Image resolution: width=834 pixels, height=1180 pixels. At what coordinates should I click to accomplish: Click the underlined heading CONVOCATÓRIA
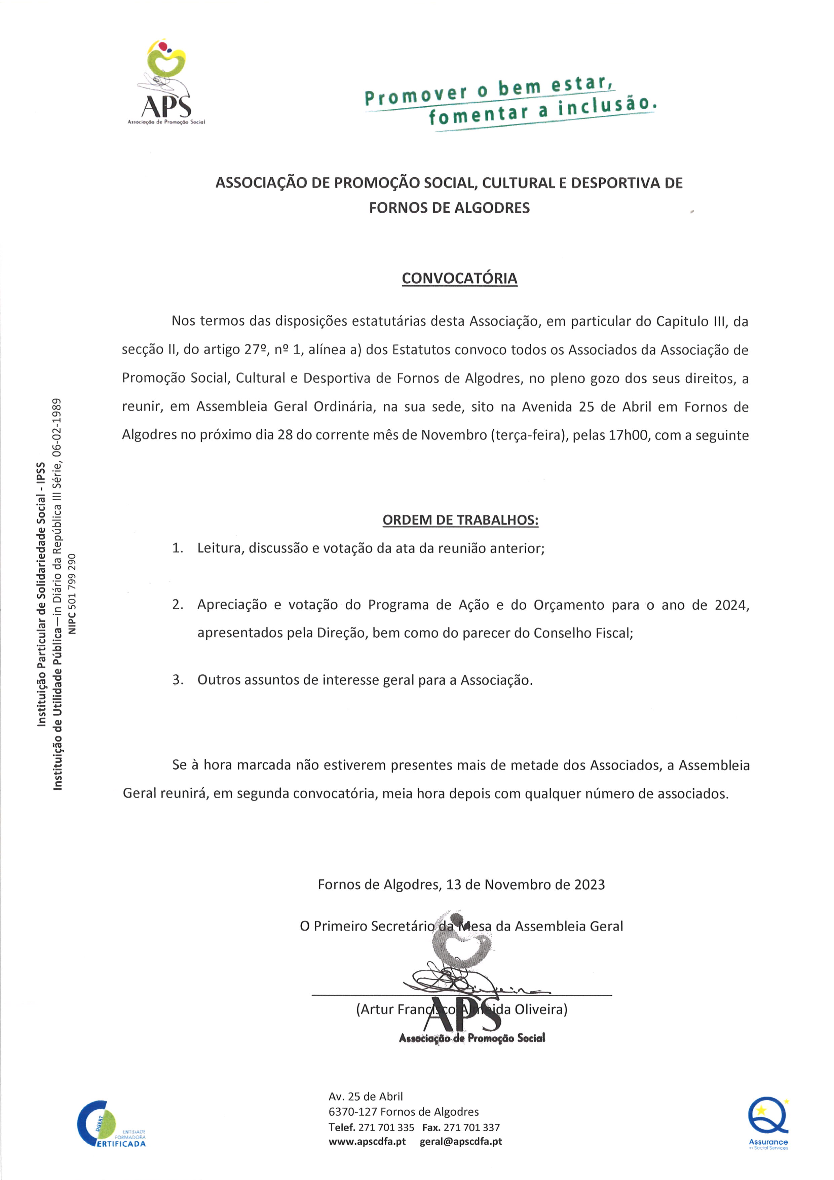459,279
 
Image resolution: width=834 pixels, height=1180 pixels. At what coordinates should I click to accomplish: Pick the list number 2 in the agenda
178,605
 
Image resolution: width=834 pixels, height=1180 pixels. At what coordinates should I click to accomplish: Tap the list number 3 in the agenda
178,680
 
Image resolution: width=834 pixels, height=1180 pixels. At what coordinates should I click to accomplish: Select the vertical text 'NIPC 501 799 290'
72,594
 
